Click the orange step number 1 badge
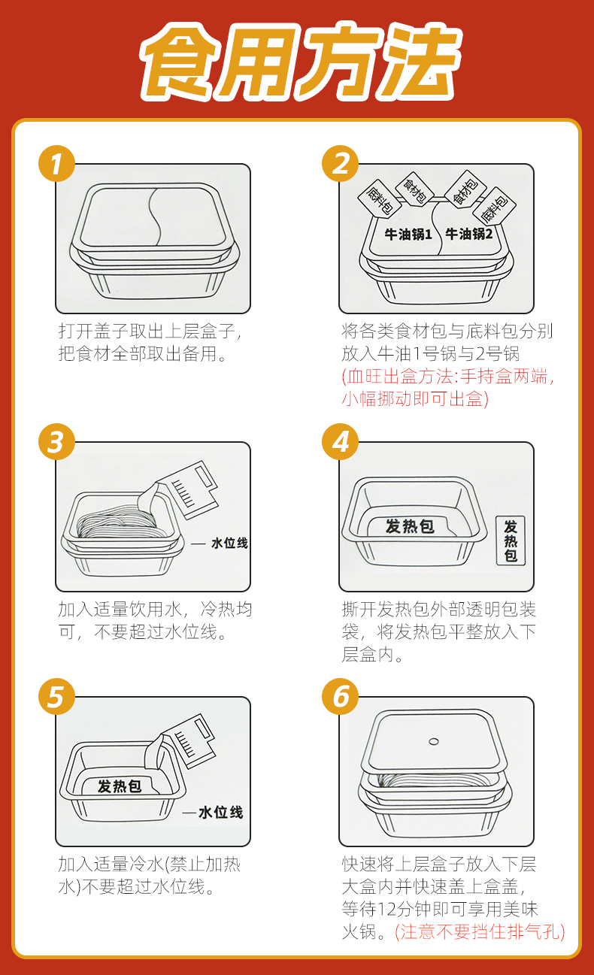coord(56,164)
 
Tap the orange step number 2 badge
coord(341,164)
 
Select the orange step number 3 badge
coord(56,442)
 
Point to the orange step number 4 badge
coord(341,442)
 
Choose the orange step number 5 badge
coord(56,696)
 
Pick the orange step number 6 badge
coord(341,696)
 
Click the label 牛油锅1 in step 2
coord(408,235)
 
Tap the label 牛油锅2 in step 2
coord(468,235)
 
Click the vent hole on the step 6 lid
coord(433,741)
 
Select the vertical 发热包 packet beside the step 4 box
coord(511,540)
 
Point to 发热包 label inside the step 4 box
coord(410,526)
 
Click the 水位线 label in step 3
coord(229,544)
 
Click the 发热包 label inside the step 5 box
coord(120,786)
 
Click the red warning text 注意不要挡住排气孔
coord(480,932)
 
